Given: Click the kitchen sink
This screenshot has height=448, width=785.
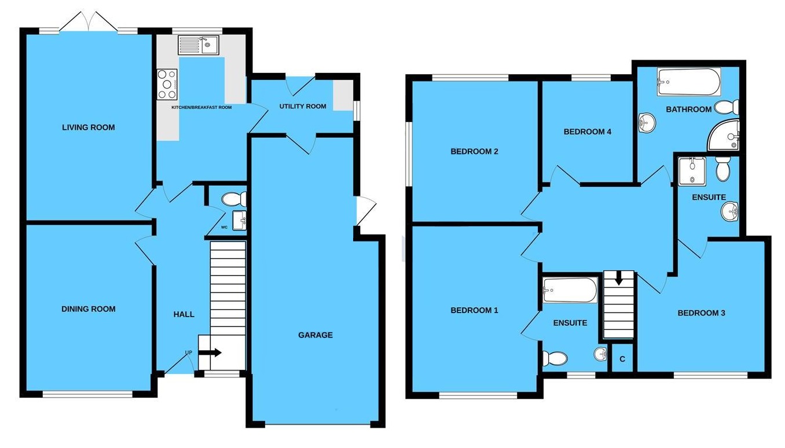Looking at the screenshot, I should coord(197,45).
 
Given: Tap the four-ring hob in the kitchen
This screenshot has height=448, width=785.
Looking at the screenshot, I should coord(167,83).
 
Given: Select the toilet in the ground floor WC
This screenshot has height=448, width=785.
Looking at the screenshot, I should coord(234,199).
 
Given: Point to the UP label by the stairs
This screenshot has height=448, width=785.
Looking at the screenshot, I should coord(189,352).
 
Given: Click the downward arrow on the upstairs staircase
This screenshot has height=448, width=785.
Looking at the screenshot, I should coord(619,278).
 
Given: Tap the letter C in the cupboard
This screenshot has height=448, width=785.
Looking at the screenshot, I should coord(622,359).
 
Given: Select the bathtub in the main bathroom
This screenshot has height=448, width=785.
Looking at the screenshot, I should coord(688,82).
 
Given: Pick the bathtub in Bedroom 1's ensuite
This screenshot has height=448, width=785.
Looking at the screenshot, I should coord(570,290).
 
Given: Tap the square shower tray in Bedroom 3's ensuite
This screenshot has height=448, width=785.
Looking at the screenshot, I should coord(692,170).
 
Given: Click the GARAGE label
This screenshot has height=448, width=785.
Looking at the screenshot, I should coord(316,335).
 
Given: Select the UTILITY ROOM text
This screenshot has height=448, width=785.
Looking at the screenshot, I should coord(303,107).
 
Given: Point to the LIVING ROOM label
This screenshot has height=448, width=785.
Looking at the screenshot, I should coord(89,127).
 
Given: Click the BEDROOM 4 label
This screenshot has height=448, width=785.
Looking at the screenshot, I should coord(588,131).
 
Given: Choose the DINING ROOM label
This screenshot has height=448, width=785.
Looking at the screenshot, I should coord(89,309).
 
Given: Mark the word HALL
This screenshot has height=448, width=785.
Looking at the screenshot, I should coord(184,314).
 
